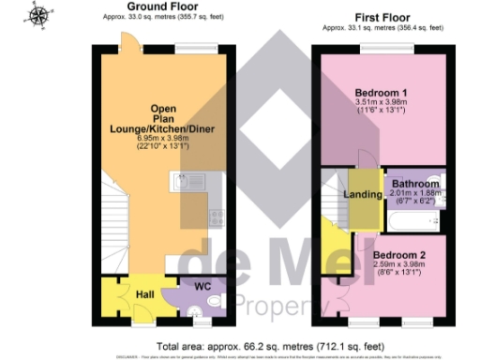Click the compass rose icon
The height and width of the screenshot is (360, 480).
tap(38, 16)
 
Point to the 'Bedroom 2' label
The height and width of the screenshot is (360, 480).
tap(399, 254)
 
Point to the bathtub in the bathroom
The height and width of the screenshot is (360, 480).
tap(413, 221)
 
